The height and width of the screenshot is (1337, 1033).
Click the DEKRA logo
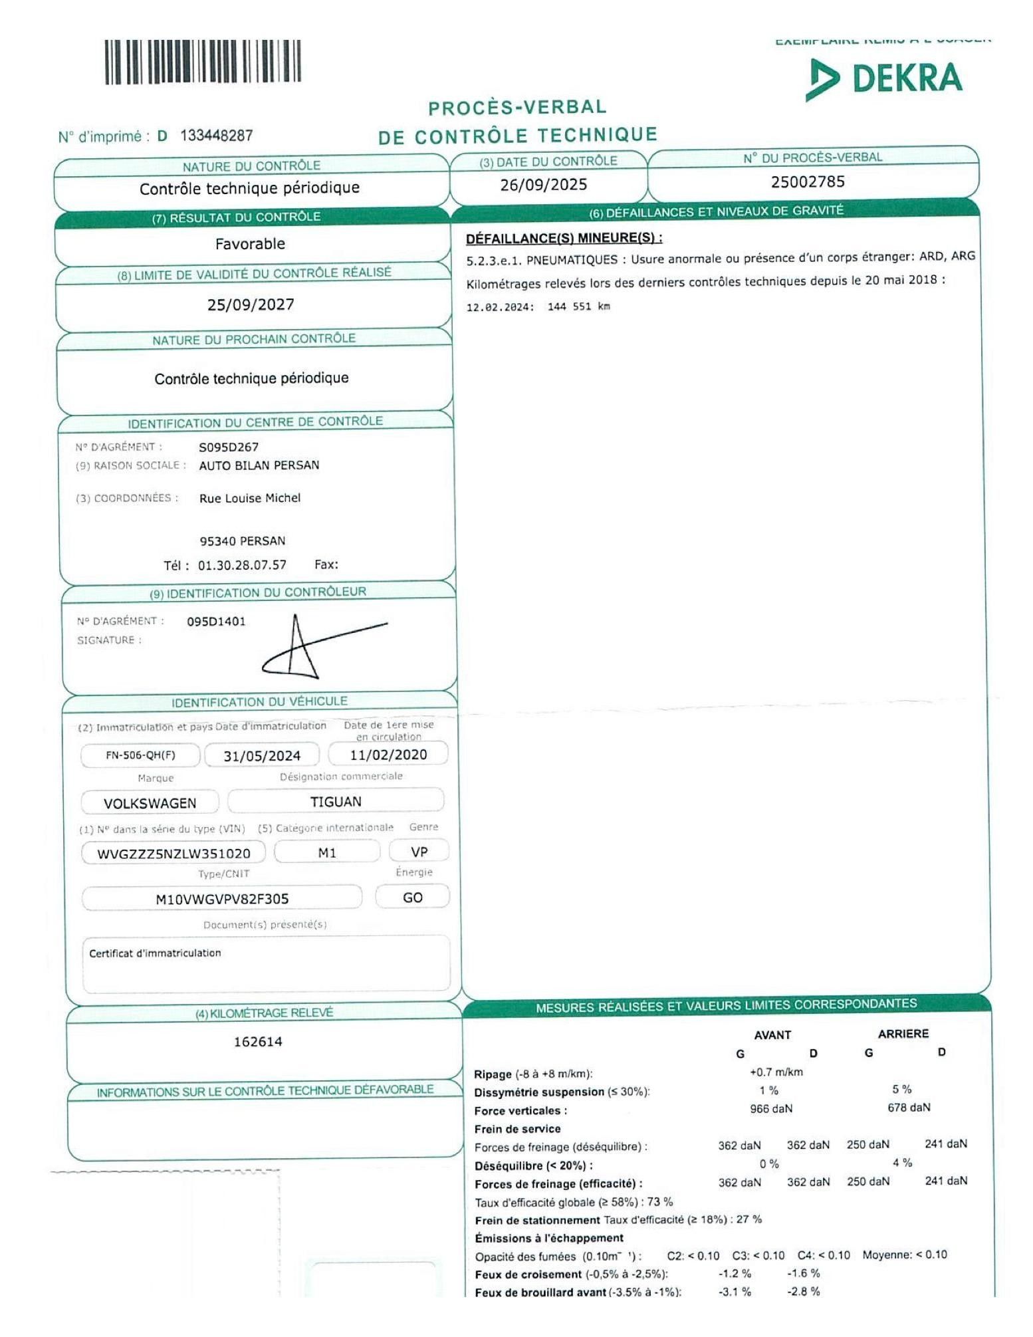click(884, 78)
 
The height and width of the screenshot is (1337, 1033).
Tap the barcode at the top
click(202, 62)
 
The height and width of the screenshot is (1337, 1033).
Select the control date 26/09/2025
click(543, 184)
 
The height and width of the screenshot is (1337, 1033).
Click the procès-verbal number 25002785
click(807, 182)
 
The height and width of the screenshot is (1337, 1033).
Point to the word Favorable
click(250, 244)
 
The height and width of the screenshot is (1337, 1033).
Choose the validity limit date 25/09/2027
click(251, 304)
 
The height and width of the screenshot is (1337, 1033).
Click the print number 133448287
click(217, 136)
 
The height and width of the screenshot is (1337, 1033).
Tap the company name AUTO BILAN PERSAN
click(259, 465)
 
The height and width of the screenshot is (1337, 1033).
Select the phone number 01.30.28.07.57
click(242, 565)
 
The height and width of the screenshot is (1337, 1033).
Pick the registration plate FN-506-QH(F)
click(140, 755)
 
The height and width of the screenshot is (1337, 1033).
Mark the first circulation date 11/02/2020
click(388, 755)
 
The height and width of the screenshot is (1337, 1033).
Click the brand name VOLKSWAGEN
click(150, 803)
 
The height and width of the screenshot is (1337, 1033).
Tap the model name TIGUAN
click(336, 802)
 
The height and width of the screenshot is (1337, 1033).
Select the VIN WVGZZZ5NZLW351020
click(173, 854)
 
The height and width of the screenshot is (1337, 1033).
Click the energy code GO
click(412, 898)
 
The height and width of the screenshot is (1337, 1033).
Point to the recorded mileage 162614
click(257, 1042)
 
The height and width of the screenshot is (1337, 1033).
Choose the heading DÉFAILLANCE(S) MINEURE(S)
click(564, 238)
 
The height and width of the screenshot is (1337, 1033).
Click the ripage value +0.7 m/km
click(776, 1072)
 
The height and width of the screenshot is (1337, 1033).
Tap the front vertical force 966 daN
click(770, 1109)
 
